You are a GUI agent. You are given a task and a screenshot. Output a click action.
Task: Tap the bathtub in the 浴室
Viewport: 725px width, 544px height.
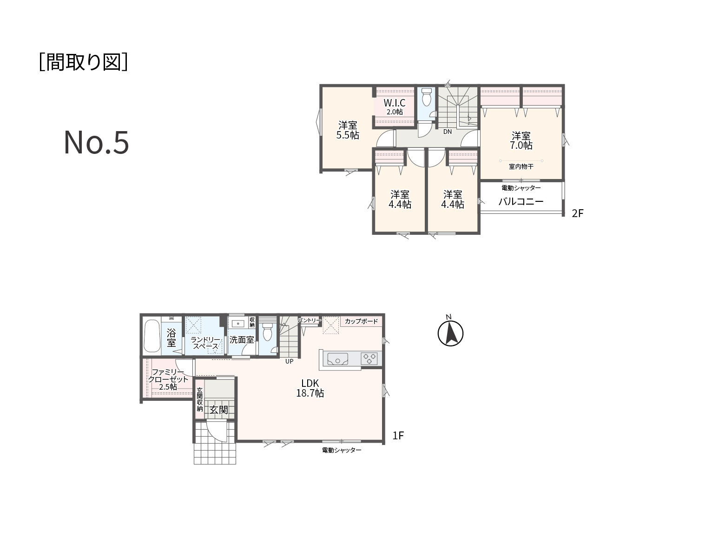click(x=152, y=336)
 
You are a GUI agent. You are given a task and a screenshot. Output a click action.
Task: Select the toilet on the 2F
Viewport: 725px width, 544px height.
click(x=427, y=96)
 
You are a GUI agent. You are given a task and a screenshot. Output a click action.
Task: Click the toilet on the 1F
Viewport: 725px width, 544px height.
click(x=268, y=332)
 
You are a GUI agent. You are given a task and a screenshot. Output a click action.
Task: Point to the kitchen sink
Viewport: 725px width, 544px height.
click(x=337, y=358)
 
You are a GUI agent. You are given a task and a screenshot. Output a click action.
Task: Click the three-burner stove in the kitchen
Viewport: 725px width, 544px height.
click(x=369, y=358)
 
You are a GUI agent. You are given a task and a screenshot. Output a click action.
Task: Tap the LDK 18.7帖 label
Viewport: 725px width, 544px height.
click(x=310, y=388)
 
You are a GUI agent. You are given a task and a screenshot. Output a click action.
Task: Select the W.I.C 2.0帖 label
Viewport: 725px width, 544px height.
click(x=395, y=106)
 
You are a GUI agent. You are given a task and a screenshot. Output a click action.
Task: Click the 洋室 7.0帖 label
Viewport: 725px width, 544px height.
click(x=521, y=140)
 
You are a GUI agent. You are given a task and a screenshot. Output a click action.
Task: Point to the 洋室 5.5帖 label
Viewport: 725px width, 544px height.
click(x=348, y=130)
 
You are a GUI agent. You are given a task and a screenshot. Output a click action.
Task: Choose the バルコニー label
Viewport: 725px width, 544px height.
click(x=521, y=201)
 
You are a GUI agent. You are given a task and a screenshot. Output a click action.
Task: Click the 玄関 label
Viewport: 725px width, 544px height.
click(x=218, y=410)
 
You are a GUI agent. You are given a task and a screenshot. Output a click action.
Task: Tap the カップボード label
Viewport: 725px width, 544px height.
click(x=362, y=321)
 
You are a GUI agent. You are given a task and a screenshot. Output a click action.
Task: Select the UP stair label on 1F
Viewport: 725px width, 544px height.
click(x=289, y=361)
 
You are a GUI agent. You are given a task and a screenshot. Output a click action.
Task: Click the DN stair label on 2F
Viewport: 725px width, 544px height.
click(x=447, y=132)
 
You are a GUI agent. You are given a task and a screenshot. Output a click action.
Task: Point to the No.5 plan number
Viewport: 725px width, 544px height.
click(x=96, y=142)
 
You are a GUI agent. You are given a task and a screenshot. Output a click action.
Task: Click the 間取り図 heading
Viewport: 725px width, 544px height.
click(x=83, y=62)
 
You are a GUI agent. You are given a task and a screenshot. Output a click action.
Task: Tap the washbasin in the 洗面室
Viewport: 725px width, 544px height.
click(x=238, y=324)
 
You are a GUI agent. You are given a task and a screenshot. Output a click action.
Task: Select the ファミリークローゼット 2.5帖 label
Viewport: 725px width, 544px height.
click(x=168, y=379)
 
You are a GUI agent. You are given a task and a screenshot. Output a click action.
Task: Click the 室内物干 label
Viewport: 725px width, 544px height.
click(x=521, y=166)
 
